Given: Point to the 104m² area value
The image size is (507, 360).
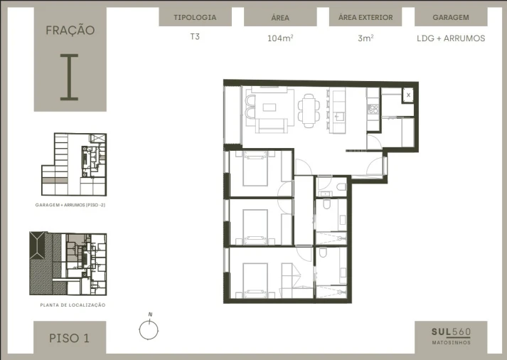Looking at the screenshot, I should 279,38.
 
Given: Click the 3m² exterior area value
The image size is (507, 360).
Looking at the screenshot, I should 365,38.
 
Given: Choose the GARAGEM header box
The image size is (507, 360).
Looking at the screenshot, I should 450,17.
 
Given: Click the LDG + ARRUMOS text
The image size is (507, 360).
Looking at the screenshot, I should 450,38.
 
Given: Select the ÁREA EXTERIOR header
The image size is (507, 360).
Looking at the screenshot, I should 365,17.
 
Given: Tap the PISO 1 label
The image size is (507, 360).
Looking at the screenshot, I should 69,338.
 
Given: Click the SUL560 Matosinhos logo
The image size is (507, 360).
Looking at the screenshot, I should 451,334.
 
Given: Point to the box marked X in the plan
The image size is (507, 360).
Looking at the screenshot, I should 408,95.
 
